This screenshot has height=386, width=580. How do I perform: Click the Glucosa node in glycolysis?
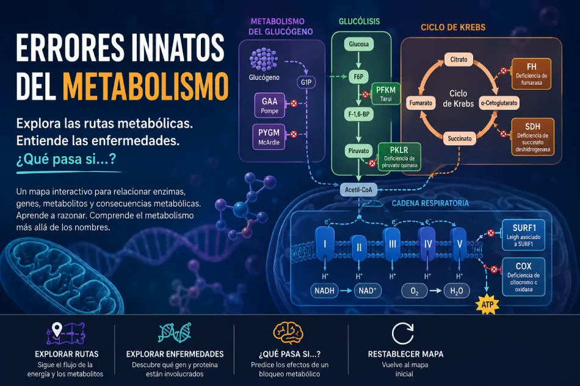[x=358, y=45]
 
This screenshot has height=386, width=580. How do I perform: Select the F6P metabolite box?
[x=358, y=77]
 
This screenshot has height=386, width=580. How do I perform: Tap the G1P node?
[x=306, y=82]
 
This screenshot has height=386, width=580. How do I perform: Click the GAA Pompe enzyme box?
[x=270, y=105]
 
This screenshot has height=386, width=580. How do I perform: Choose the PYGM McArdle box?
[x=269, y=137]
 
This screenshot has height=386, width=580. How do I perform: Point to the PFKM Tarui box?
[x=386, y=94]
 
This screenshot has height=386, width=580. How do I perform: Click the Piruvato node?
[x=358, y=151]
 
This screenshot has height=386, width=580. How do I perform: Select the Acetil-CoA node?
[x=358, y=190]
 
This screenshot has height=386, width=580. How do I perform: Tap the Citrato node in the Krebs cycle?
[x=459, y=60]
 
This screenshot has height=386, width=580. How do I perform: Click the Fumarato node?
[x=421, y=103]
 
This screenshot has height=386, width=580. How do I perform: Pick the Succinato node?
[x=459, y=138]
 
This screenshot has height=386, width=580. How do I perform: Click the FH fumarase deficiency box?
[x=531, y=74]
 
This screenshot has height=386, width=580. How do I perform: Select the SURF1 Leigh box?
[x=523, y=235]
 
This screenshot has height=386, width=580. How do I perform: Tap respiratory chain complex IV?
[x=428, y=244]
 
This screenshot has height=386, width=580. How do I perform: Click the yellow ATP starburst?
[x=487, y=305]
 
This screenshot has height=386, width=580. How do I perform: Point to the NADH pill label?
[x=324, y=291]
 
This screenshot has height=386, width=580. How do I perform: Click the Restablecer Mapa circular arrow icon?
[x=402, y=334]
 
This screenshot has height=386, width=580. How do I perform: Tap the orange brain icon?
[x=288, y=333]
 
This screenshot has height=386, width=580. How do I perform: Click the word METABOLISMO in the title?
[x=145, y=87]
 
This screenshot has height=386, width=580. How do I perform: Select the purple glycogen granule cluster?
[x=263, y=59]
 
